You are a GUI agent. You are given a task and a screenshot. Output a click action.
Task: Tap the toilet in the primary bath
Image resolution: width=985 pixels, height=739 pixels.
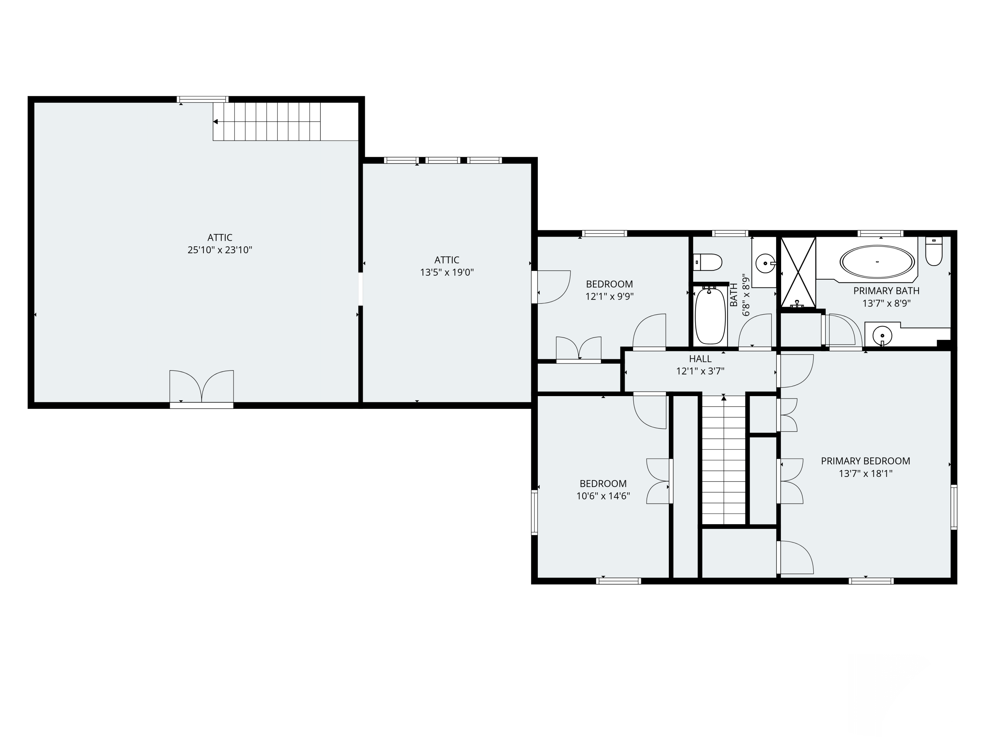pyautogui.click(x=934, y=251)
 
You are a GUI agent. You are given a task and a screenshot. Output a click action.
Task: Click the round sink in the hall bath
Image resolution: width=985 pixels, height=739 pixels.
pyautogui.click(x=765, y=263)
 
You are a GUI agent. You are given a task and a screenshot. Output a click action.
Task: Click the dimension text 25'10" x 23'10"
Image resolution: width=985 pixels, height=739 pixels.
pyautogui.click(x=220, y=250)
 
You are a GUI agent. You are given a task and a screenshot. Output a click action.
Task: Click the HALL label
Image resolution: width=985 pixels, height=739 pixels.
pyautogui.click(x=700, y=359)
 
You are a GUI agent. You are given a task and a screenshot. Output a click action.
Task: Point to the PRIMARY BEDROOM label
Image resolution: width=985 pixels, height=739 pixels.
pyautogui.click(x=865, y=461)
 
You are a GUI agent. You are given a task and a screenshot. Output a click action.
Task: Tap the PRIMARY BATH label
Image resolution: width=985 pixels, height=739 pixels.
pyautogui.click(x=886, y=291)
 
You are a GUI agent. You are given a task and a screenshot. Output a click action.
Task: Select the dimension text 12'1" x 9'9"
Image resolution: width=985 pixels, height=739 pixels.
pyautogui.click(x=609, y=296)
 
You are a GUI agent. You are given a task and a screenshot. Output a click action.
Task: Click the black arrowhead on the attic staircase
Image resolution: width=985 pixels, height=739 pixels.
pyautogui.click(x=215, y=122)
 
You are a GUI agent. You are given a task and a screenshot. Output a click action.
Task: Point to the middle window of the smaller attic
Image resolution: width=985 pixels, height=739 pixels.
pyautogui.click(x=443, y=160)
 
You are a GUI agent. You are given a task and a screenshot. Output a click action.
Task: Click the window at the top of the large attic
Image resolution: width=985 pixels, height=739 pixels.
pyautogui.click(x=203, y=99)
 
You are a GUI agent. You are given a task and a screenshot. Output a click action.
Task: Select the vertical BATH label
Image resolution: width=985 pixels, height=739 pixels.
pyautogui.click(x=733, y=295)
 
